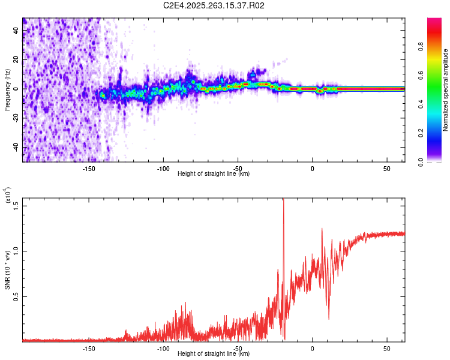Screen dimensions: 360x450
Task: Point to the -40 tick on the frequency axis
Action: point(16,148)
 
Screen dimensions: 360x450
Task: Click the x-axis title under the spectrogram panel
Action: point(214,173)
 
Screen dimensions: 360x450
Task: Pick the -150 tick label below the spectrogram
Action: point(89,168)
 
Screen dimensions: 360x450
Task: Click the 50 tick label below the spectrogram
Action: point(387,168)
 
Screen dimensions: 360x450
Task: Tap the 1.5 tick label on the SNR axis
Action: point(16,205)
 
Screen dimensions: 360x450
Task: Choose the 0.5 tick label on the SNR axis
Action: point(16,296)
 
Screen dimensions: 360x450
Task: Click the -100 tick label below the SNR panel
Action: point(163,348)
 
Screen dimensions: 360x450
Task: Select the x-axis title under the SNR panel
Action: point(214,353)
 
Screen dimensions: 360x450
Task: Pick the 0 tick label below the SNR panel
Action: point(313,348)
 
